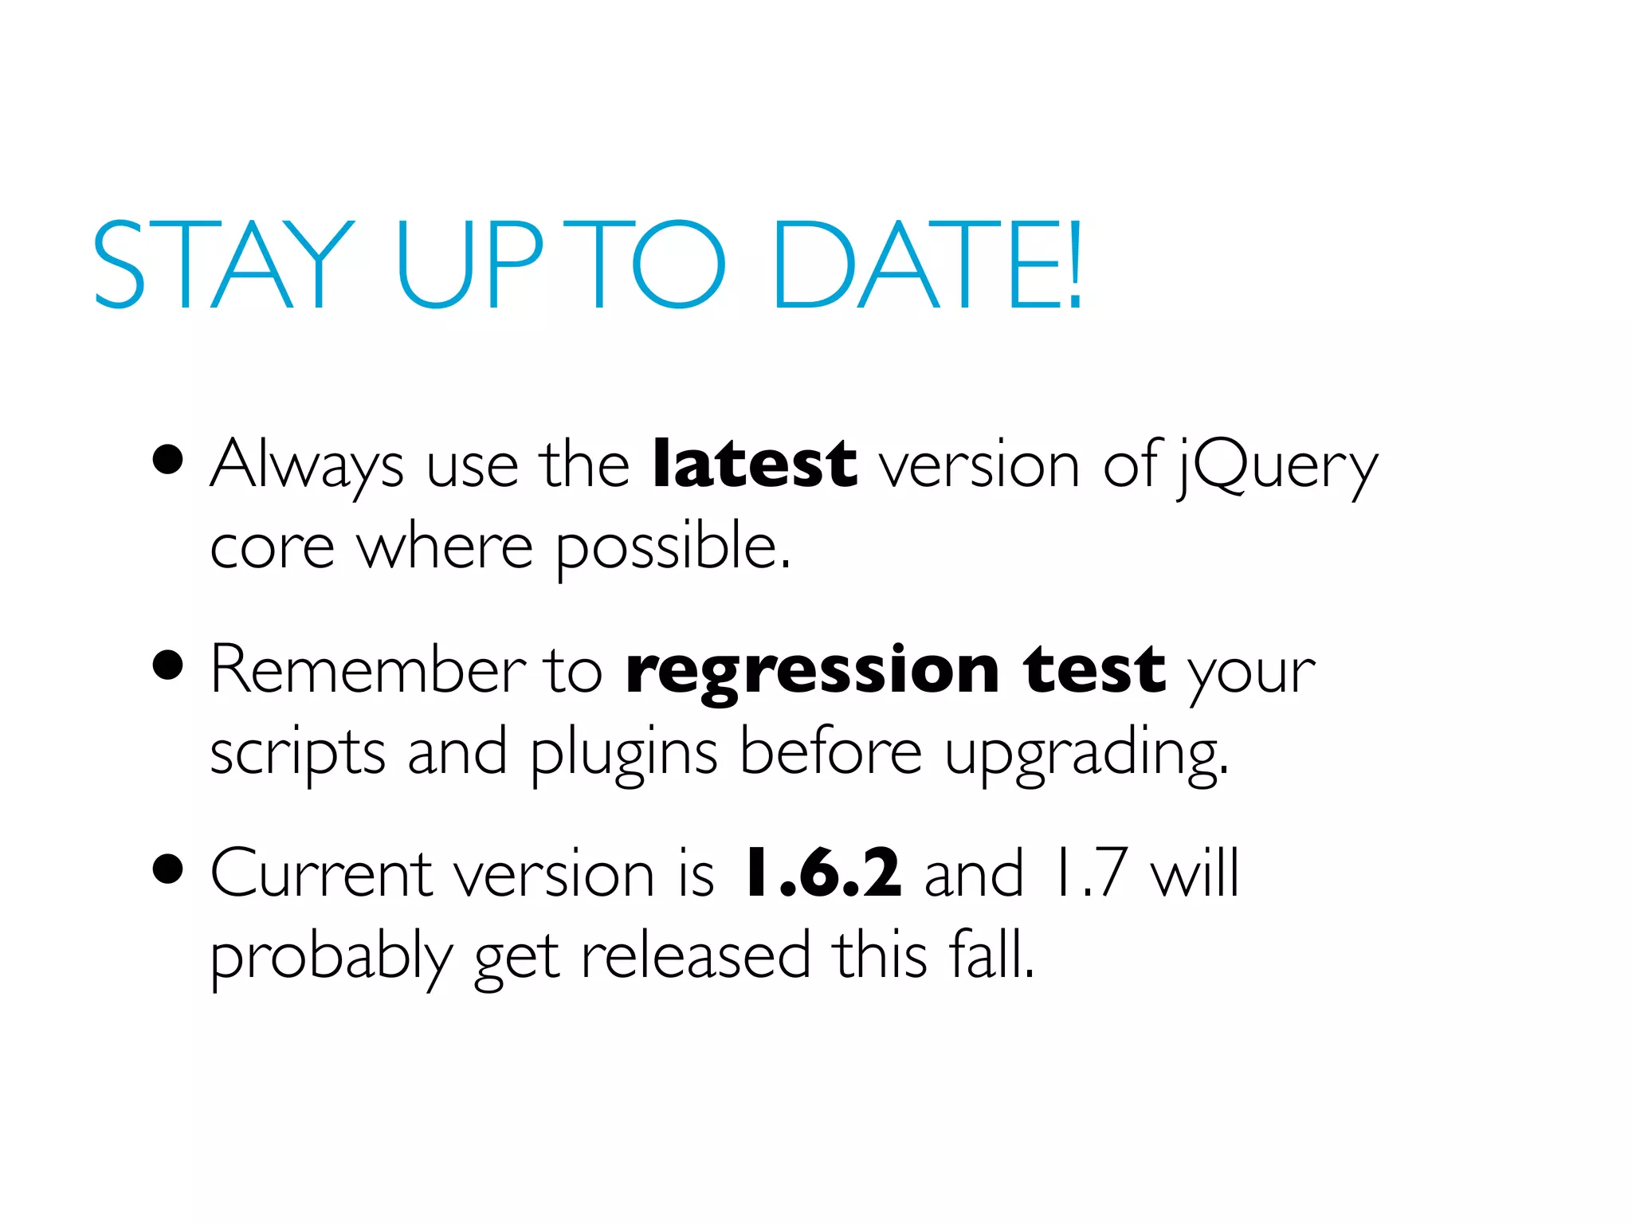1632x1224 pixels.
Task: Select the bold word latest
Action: pos(754,464)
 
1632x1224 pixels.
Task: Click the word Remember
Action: pos(368,669)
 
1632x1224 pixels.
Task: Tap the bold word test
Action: pos(1095,669)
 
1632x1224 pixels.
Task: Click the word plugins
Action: pos(624,753)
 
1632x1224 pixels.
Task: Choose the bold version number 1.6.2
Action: pos(822,873)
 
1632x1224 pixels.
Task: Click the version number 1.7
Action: pos(1089,873)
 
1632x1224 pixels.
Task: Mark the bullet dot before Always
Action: pos(168,460)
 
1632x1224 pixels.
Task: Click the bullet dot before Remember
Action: pos(168,665)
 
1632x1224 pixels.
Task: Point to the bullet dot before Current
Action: pos(168,869)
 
